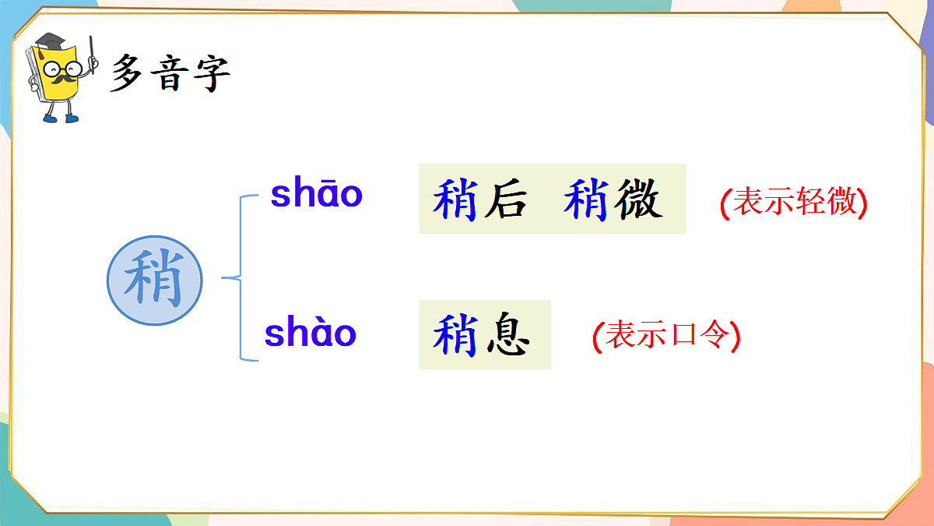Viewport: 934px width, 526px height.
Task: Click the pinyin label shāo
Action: click(316, 194)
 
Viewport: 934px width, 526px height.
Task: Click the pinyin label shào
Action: click(310, 334)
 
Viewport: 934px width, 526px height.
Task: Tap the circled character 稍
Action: click(154, 280)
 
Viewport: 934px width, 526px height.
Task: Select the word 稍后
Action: click(479, 199)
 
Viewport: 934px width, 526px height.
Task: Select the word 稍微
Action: click(613, 199)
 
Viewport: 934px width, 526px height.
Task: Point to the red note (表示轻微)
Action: click(793, 203)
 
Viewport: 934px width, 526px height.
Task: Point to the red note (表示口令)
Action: click(665, 335)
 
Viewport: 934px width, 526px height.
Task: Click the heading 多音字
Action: click(170, 73)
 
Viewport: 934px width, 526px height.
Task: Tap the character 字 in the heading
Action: click(211, 73)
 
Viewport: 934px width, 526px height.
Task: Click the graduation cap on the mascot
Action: click(51, 41)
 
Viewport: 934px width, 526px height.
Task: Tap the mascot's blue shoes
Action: click(61, 118)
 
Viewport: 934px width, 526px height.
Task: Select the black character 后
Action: click(504, 199)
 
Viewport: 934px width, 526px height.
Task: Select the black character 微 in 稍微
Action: click(637, 199)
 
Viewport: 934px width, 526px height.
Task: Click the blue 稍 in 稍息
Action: click(455, 335)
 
